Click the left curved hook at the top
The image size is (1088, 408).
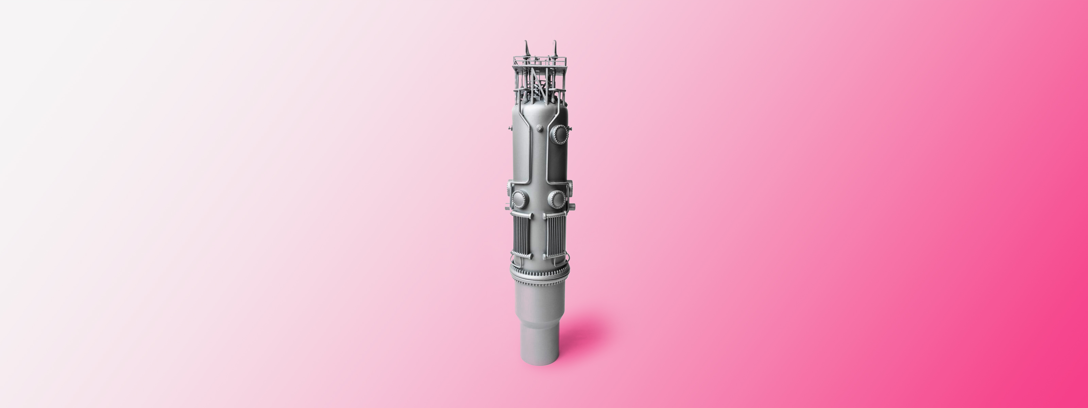pyautogui.click(x=526, y=48)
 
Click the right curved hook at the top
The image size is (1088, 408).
pyautogui.click(x=555, y=47)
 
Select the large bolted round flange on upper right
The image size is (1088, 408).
pyautogui.click(x=560, y=134)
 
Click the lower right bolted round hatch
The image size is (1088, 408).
pyautogui.click(x=556, y=199)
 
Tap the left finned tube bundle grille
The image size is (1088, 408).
pyautogui.click(x=521, y=234)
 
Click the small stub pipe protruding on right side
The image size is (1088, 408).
pyautogui.click(x=572, y=206)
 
